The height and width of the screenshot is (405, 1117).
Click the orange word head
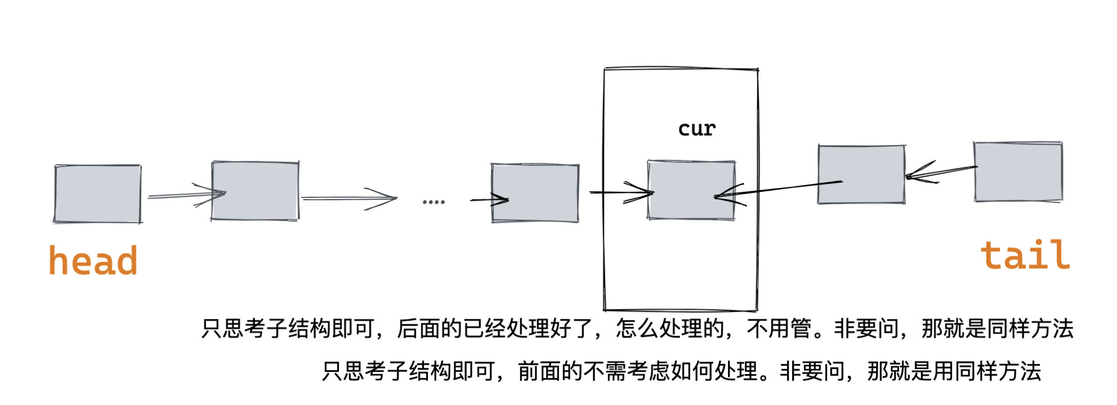click(x=93, y=260)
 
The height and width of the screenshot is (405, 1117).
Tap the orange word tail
click(x=1025, y=255)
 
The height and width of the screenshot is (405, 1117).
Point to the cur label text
click(x=696, y=129)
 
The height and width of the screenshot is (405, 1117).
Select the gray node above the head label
click(x=97, y=194)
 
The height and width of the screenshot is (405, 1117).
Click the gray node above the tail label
click(x=1018, y=172)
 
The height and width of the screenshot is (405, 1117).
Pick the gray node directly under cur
click(x=691, y=190)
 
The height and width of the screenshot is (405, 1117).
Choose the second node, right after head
click(x=255, y=191)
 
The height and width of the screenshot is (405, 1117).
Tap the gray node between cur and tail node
click(x=861, y=174)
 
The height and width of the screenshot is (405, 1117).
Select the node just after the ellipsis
click(x=535, y=193)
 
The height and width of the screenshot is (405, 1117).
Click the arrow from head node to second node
click(x=186, y=195)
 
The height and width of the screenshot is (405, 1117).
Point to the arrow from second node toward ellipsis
click(x=349, y=198)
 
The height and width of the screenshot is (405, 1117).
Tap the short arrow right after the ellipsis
click(x=489, y=200)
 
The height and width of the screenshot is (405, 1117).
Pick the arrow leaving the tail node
click(x=940, y=172)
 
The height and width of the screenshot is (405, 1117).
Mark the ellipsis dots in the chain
click(x=434, y=201)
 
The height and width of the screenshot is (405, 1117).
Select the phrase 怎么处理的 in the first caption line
click(x=669, y=328)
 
